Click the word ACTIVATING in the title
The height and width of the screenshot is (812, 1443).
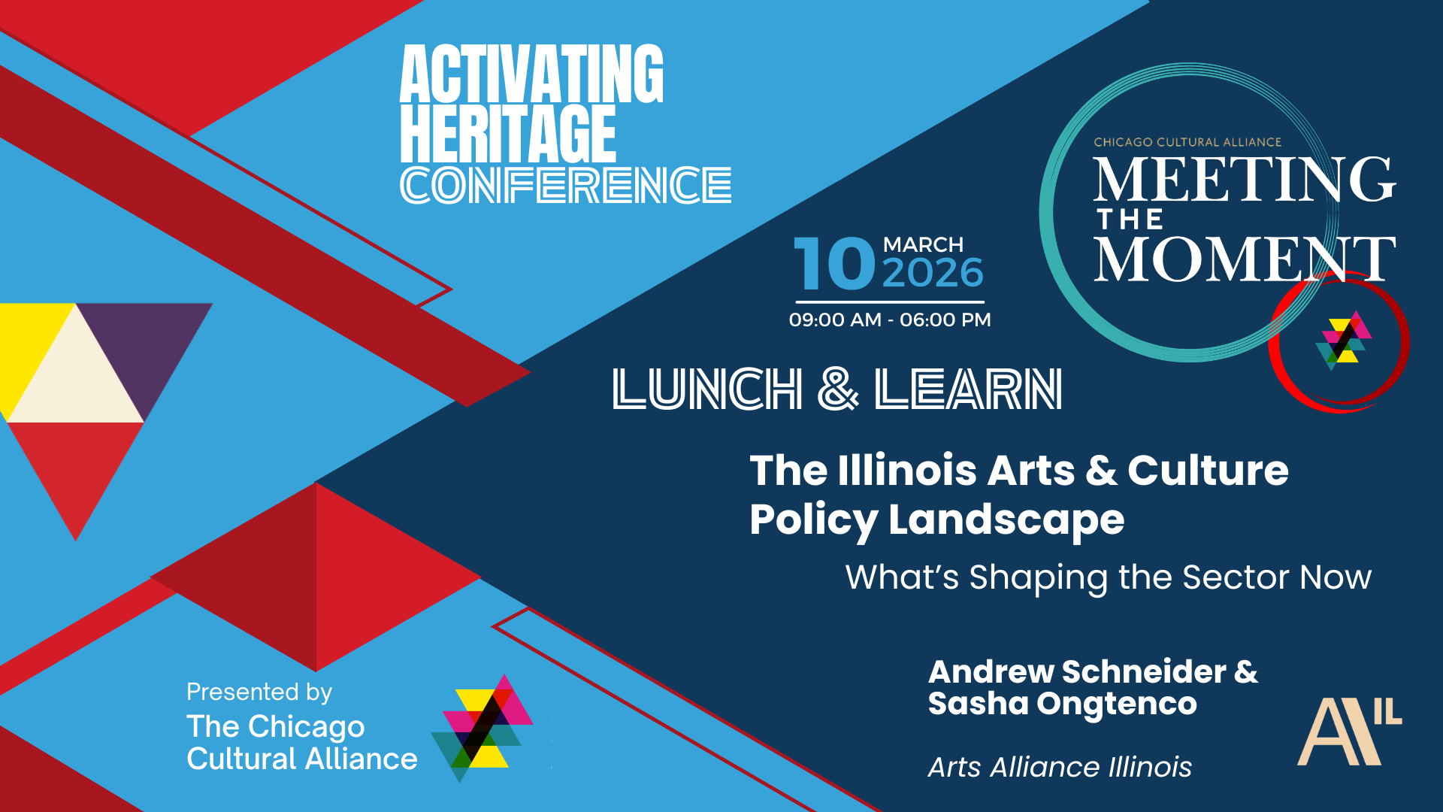[x=531, y=74]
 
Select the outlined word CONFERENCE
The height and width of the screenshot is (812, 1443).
[x=566, y=185]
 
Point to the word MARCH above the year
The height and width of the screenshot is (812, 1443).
[x=923, y=245]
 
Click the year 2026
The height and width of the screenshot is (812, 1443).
[x=933, y=273]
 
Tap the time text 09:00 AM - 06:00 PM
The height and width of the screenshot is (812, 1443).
[x=890, y=320]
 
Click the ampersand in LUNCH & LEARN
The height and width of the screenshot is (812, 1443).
[x=837, y=389]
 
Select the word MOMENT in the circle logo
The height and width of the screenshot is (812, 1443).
[x=1245, y=259]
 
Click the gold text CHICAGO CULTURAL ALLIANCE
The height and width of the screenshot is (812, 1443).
[x=1187, y=142]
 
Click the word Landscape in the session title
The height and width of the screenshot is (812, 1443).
[x=1006, y=520]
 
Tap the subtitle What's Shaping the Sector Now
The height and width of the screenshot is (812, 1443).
[x=1109, y=577]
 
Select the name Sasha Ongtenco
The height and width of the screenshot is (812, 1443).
[x=1062, y=704]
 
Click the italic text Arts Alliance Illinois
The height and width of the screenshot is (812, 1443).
[x=1060, y=768]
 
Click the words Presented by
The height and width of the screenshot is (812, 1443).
[x=259, y=692]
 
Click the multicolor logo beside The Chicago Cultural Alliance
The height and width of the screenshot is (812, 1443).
[x=482, y=728]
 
